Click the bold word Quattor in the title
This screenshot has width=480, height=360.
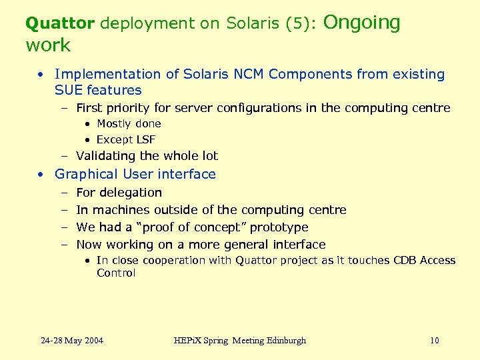pyautogui.click(x=60, y=23)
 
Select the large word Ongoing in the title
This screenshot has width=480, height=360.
pyautogui.click(x=362, y=23)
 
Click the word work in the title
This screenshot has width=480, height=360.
pyautogui.click(x=48, y=45)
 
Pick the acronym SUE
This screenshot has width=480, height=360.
pyautogui.click(x=69, y=90)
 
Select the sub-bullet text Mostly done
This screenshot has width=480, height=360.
pyautogui.click(x=129, y=123)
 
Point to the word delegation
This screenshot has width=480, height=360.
pyautogui.click(x=131, y=192)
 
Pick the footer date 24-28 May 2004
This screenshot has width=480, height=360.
pyautogui.click(x=72, y=341)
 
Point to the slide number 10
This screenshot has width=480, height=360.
pyautogui.click(x=435, y=341)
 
